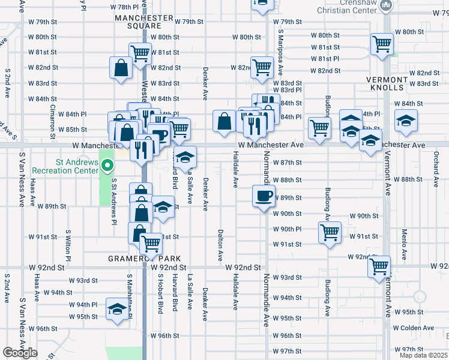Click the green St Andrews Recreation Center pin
[x=107, y=164]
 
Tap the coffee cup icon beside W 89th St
[x=263, y=196]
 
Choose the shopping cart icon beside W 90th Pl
[x=330, y=232]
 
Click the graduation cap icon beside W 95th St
[x=116, y=308]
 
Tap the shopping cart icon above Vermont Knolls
[x=382, y=44]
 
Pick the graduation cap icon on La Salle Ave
[x=185, y=157]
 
